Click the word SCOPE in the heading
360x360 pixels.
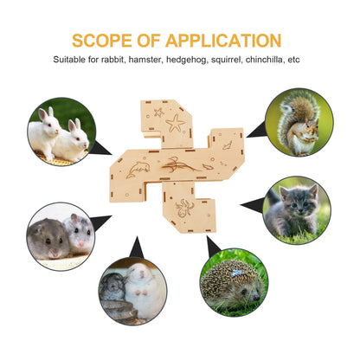tap(102, 41)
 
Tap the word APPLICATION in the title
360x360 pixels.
tap(223, 41)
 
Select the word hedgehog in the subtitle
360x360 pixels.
tap(187, 60)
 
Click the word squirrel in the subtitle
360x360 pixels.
tap(227, 60)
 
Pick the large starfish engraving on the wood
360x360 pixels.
tap(175, 123)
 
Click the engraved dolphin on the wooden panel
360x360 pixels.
tap(138, 169)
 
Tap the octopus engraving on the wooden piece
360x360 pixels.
tap(184, 208)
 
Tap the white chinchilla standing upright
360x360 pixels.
tap(144, 291)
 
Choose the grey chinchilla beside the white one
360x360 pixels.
tap(112, 286)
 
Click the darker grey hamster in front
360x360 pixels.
tap(48, 239)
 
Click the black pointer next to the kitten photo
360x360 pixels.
tap(252, 205)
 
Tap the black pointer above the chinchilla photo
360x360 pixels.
tap(137, 248)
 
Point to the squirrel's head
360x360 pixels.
tap(312, 126)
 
